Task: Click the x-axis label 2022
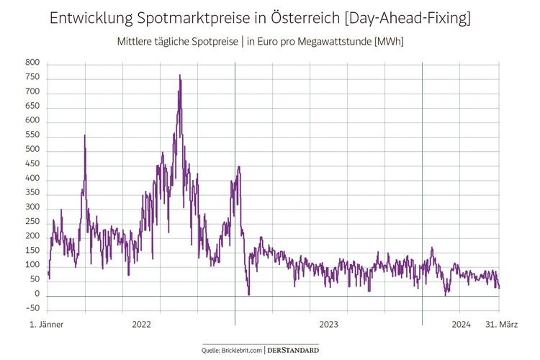pyautogui.click(x=141, y=325)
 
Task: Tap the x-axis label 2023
pyautogui.click(x=328, y=325)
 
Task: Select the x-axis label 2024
pyautogui.click(x=461, y=325)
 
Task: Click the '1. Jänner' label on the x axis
pyautogui.click(x=46, y=325)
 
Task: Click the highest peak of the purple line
pyautogui.click(x=180, y=75)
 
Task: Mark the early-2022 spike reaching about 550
pyautogui.click(x=85, y=136)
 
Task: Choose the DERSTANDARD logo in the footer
pyautogui.click(x=294, y=349)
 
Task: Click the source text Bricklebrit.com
pyautogui.click(x=241, y=349)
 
